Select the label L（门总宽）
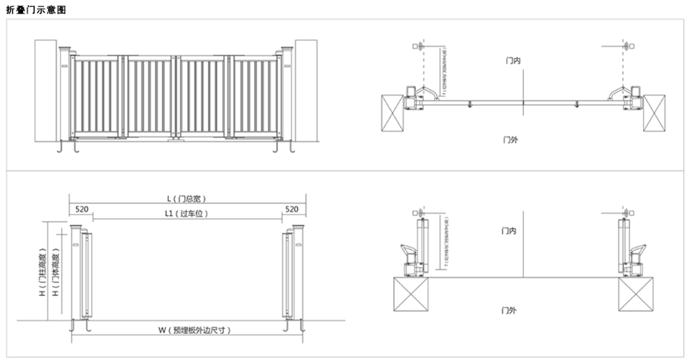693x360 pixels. click(186, 198)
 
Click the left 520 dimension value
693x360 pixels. click(82, 210)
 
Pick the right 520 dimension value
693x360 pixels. click(292, 210)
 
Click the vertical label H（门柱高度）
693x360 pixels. click(42, 274)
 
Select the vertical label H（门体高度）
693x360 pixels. click(56, 274)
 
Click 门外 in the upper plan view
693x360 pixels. click(510, 140)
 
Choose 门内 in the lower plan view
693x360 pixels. click(510, 232)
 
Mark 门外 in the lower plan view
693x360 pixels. click(510, 309)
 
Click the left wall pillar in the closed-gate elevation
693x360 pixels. click(48, 91)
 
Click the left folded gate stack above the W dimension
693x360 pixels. click(86, 276)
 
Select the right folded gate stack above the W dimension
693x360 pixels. click(288, 276)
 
